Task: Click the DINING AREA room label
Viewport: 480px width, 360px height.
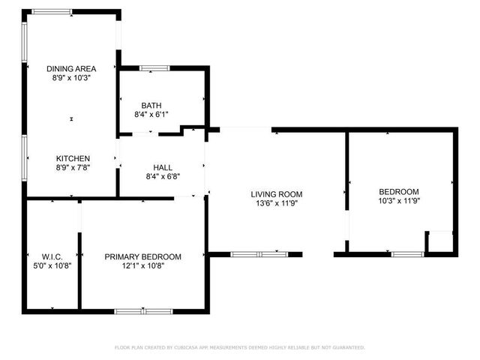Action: [x=71, y=68]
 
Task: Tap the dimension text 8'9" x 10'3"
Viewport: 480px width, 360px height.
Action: [x=71, y=78]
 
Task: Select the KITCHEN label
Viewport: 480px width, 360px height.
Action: [x=73, y=158]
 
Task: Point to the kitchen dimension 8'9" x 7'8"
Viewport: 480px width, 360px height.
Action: [x=73, y=168]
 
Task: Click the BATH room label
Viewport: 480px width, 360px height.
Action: [x=151, y=105]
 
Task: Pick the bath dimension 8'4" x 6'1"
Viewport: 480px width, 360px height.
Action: [x=151, y=115]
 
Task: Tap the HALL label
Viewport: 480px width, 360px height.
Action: [x=163, y=167]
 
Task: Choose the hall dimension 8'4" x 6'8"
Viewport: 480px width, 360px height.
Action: [x=163, y=177]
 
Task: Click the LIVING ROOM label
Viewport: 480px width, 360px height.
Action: [x=276, y=193]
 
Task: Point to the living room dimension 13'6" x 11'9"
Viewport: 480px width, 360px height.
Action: [x=276, y=203]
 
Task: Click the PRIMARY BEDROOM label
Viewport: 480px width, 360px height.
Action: [x=142, y=256]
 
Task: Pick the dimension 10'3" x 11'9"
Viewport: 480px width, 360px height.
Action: [x=399, y=201]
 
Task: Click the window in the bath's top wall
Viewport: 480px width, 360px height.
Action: [x=155, y=69]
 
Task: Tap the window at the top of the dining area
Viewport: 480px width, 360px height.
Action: [x=52, y=12]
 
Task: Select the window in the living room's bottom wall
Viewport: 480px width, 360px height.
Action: [x=259, y=255]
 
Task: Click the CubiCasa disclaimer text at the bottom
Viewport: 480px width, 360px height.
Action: [x=239, y=347]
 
